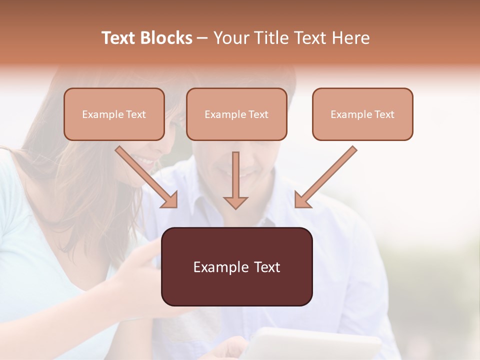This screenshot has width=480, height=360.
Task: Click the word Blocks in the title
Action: [x=167, y=38]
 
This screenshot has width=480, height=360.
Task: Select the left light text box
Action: [x=114, y=114]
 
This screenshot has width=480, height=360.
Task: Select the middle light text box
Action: [x=236, y=114]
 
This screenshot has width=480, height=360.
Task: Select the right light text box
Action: [x=362, y=114]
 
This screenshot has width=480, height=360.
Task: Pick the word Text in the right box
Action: [x=384, y=114]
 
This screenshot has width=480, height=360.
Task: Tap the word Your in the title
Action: [x=230, y=38]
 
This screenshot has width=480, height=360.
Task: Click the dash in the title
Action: [x=202, y=38]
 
